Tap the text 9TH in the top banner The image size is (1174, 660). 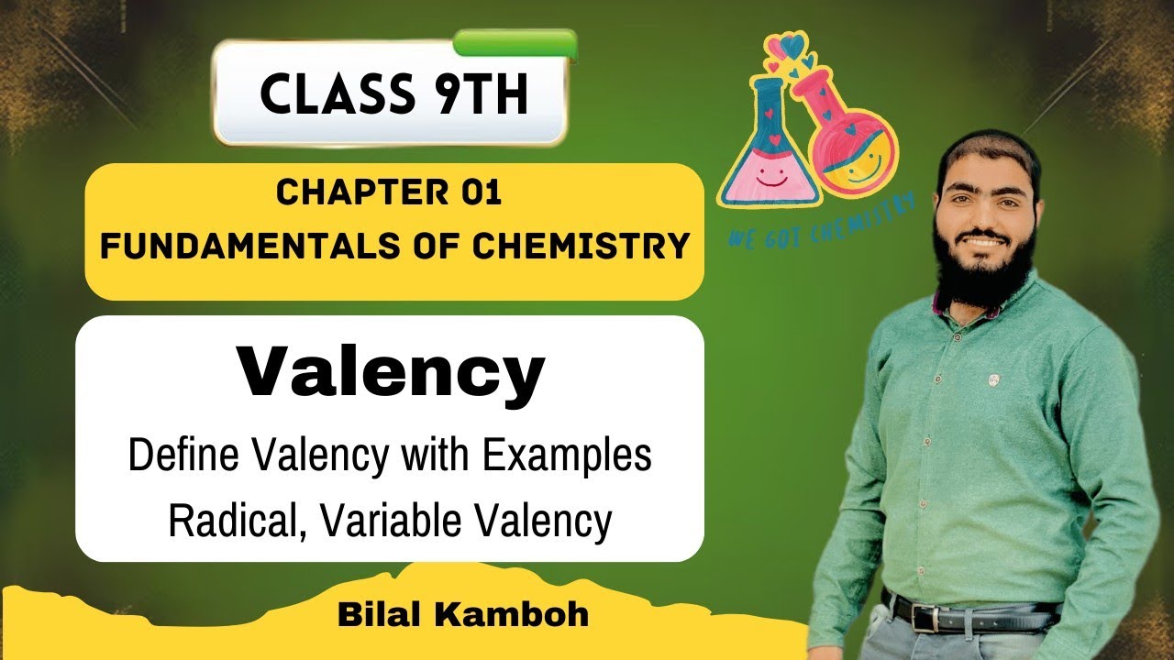(x=483, y=94)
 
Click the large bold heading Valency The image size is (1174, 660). (x=391, y=372)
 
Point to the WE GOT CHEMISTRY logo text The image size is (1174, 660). (x=821, y=220)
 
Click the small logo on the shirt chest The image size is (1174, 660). (x=993, y=378)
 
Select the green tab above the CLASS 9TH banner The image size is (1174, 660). (x=515, y=42)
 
